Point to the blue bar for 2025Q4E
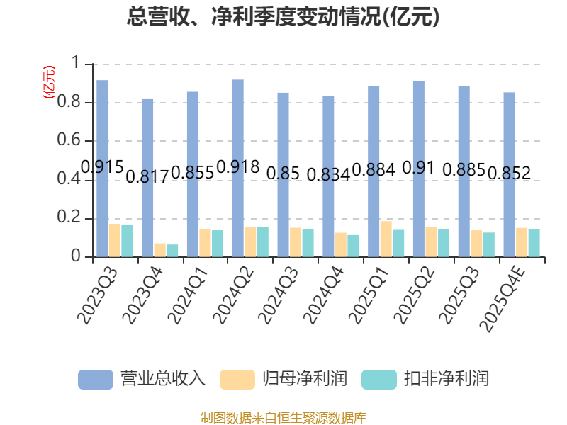click(x=509, y=174)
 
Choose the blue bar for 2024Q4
click(x=328, y=176)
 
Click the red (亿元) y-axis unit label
click(x=49, y=82)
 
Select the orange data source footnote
click(x=283, y=417)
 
